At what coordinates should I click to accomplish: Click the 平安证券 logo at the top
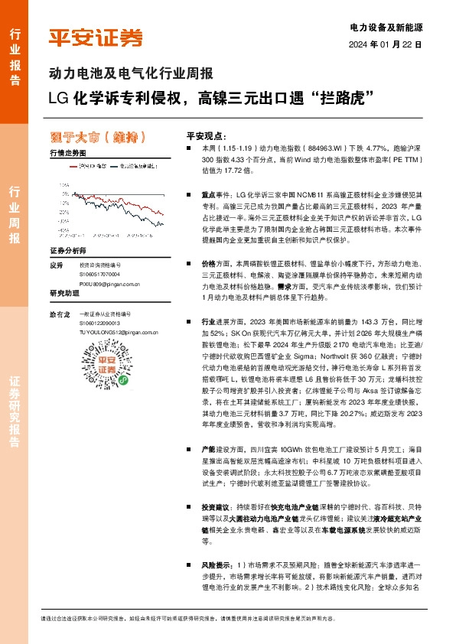point(96,37)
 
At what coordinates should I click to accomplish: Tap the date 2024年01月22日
point(386,44)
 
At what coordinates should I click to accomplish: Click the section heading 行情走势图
point(68,154)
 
